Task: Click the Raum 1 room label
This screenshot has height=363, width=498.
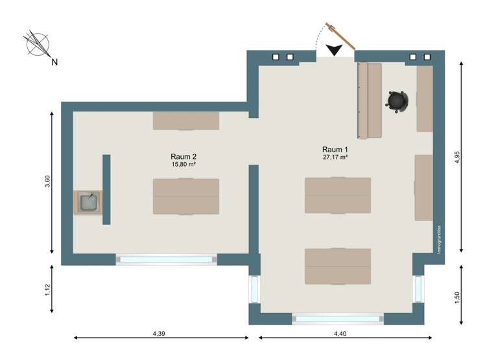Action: pyautogui.click(x=335, y=149)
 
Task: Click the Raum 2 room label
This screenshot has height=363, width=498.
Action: pyautogui.click(x=184, y=156)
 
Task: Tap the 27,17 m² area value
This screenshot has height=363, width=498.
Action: pyautogui.click(x=335, y=157)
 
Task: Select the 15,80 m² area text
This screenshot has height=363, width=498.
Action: pyautogui.click(x=184, y=164)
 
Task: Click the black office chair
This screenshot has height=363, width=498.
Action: pyautogui.click(x=397, y=101)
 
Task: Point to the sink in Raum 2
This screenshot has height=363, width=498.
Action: pyautogui.click(x=88, y=203)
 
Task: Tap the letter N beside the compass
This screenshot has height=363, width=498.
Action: pyautogui.click(x=54, y=62)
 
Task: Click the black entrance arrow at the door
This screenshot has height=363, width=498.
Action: pyautogui.click(x=335, y=51)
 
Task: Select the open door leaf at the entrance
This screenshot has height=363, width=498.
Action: pyautogui.click(x=340, y=36)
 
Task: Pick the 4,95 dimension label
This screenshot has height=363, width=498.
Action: pyautogui.click(x=457, y=157)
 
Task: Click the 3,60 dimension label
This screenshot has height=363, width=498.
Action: pyautogui.click(x=47, y=183)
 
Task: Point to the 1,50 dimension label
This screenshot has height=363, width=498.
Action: pyautogui.click(x=457, y=296)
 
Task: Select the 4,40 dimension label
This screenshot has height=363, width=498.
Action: pyautogui.click(x=340, y=333)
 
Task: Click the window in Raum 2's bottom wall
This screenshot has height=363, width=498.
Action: pyautogui.click(x=166, y=259)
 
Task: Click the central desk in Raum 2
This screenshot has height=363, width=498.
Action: pyautogui.click(x=185, y=196)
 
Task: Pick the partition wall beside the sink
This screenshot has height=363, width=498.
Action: pyautogui.click(x=106, y=189)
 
